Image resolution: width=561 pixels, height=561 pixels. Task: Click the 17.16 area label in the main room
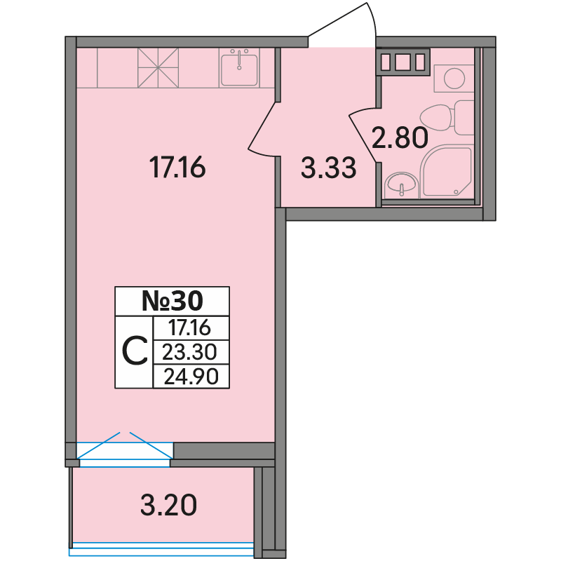click(177, 168)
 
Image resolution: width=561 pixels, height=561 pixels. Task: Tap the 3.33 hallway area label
click(328, 168)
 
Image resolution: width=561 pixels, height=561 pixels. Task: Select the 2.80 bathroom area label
click(400, 137)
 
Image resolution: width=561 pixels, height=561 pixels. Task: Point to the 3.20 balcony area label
click(168, 505)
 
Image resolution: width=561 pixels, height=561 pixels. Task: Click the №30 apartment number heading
click(172, 301)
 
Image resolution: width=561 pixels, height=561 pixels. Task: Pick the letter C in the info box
click(135, 351)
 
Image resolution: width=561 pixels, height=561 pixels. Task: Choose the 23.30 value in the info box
click(189, 352)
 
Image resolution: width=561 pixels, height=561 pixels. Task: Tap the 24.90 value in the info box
click(191, 377)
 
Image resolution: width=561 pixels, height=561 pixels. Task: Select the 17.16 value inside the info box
click(189, 327)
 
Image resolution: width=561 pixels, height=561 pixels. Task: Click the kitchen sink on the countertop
click(239, 68)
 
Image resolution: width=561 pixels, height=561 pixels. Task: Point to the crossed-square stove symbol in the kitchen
click(158, 68)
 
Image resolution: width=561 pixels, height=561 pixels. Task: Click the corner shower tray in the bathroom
click(446, 172)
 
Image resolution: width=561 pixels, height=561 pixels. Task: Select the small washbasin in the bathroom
click(400, 184)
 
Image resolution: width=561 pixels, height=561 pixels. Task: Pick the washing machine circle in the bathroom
click(454, 78)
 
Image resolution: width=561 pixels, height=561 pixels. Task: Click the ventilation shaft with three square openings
click(403, 62)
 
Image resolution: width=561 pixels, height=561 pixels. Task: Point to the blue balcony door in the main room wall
click(125, 450)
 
